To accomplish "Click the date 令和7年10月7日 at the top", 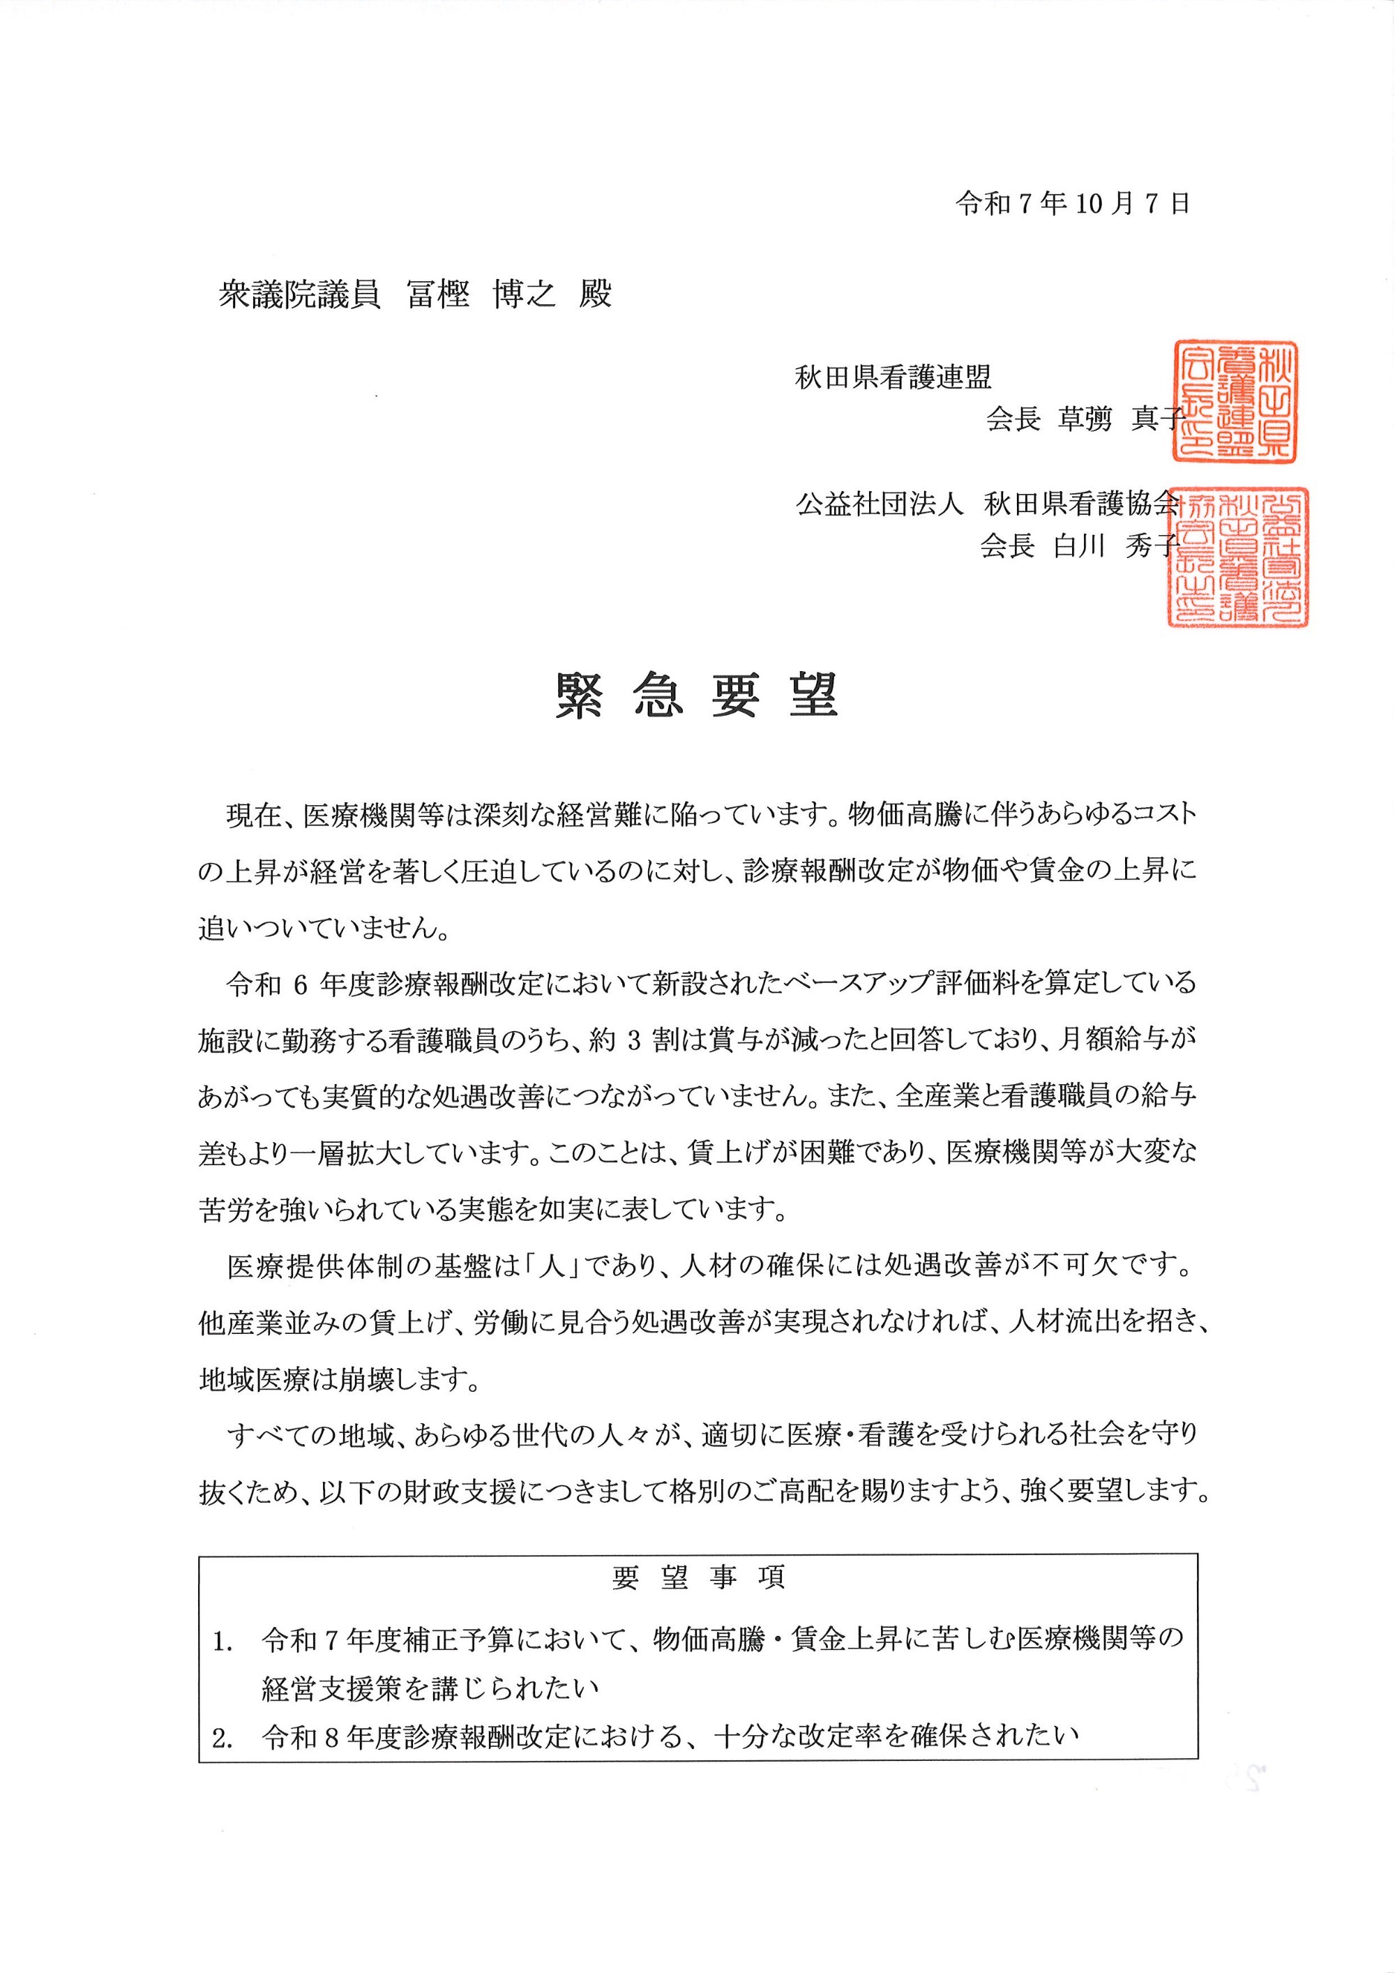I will (x=1073, y=204).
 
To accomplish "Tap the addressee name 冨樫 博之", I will (x=481, y=294).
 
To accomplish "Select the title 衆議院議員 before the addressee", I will (x=299, y=294).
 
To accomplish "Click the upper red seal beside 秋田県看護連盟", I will (x=1235, y=401).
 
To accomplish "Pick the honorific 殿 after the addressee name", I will (x=595, y=294).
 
